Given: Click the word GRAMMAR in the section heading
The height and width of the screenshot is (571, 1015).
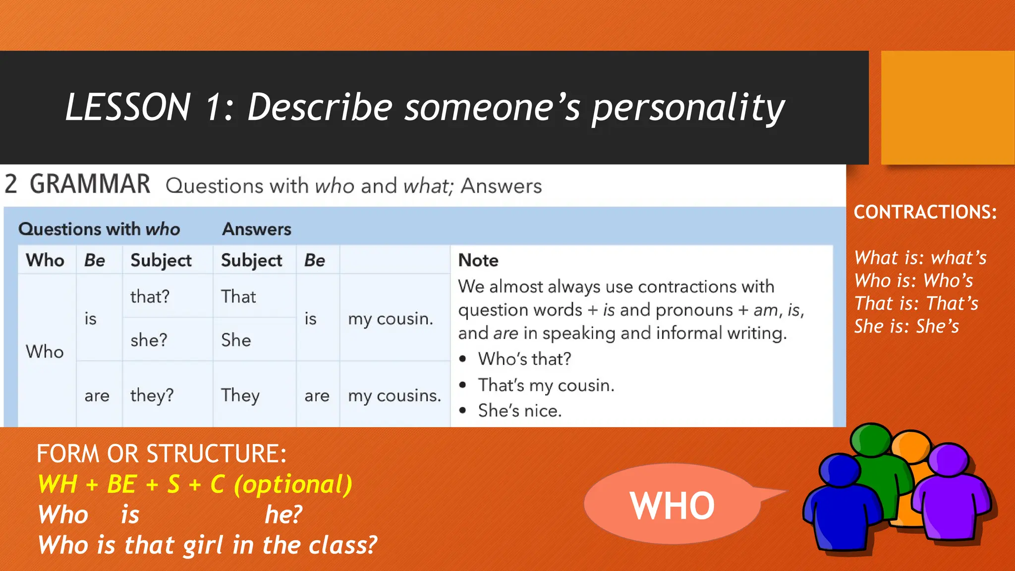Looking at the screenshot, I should pyautogui.click(x=90, y=184).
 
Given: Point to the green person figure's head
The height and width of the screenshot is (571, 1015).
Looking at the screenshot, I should pyautogui.click(x=871, y=439).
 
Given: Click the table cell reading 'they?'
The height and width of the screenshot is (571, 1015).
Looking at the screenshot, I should pyautogui.click(x=152, y=396).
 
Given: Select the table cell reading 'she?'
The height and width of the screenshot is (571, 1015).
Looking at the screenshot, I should pyautogui.click(x=149, y=340).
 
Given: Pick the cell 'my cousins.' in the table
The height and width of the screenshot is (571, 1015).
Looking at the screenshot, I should pyautogui.click(x=394, y=396).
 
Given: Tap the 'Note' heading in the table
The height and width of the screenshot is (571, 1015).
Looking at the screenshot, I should pyautogui.click(x=478, y=260).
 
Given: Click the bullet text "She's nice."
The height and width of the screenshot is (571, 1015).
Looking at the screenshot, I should pyautogui.click(x=519, y=410).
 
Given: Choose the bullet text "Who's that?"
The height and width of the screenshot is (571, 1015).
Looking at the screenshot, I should pyautogui.click(x=524, y=359).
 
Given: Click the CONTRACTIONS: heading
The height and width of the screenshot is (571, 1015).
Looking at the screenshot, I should pyautogui.click(x=925, y=212).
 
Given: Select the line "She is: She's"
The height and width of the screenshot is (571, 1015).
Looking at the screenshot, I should pyautogui.click(x=906, y=326).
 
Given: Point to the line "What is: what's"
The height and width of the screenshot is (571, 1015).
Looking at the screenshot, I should pyautogui.click(x=920, y=258).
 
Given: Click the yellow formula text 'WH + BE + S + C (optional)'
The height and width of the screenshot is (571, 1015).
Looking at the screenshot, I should pyautogui.click(x=195, y=484).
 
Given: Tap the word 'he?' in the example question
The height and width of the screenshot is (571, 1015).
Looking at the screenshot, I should pyautogui.click(x=283, y=514).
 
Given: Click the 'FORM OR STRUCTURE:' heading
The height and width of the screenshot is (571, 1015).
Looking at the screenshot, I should pyautogui.click(x=162, y=454).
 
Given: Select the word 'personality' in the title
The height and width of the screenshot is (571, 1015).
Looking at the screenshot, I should pyautogui.click(x=688, y=108).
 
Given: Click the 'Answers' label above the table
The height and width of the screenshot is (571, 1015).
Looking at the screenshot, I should pyautogui.click(x=256, y=229).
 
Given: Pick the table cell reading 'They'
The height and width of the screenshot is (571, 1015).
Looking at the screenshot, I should pyautogui.click(x=240, y=396).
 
